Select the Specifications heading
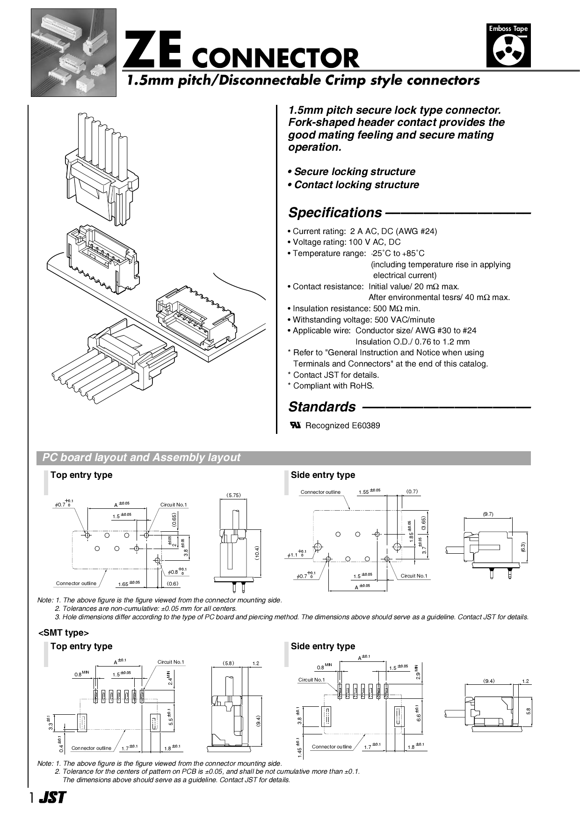[x=335, y=213]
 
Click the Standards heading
[x=322, y=407]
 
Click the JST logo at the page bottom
[x=52, y=798]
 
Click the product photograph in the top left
[x=73, y=52]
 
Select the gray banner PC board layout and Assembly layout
[x=283, y=458]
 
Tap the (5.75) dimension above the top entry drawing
[x=233, y=495]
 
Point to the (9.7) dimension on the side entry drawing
[x=488, y=514]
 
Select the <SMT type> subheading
[x=64, y=633]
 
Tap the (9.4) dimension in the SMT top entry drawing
[x=258, y=721]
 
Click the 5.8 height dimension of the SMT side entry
[x=529, y=711]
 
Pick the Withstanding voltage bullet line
[x=363, y=320]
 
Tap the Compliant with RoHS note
[x=333, y=386]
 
